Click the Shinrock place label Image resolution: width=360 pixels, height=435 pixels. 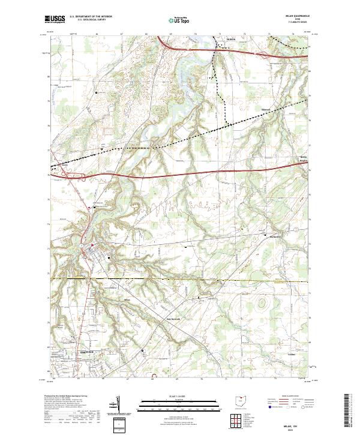coord(267,109)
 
